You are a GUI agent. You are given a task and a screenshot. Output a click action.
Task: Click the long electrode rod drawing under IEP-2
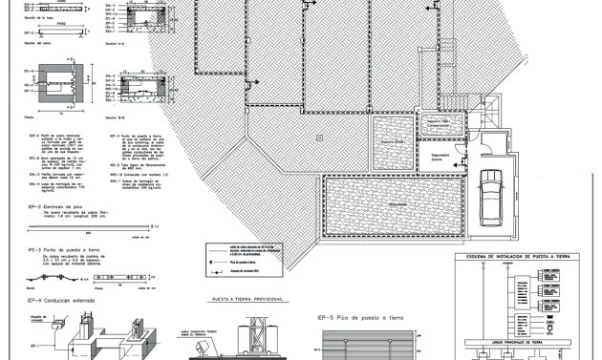[x=76, y=227]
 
